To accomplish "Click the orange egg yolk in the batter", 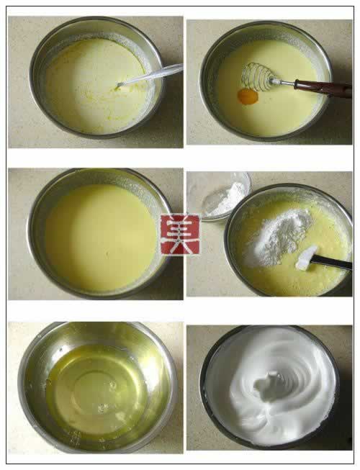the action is point(248,96).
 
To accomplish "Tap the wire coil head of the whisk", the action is point(256,76).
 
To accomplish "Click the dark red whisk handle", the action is point(323,88).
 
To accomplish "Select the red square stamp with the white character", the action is point(180,235).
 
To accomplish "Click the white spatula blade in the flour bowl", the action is point(306,258).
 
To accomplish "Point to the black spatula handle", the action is point(331,262).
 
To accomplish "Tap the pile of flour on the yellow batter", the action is point(278,238).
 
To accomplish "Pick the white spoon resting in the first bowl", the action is point(149,76).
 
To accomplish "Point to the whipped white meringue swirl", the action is point(271,386).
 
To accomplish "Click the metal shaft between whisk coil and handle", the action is point(283,81).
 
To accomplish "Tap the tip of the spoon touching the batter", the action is point(118,86).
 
